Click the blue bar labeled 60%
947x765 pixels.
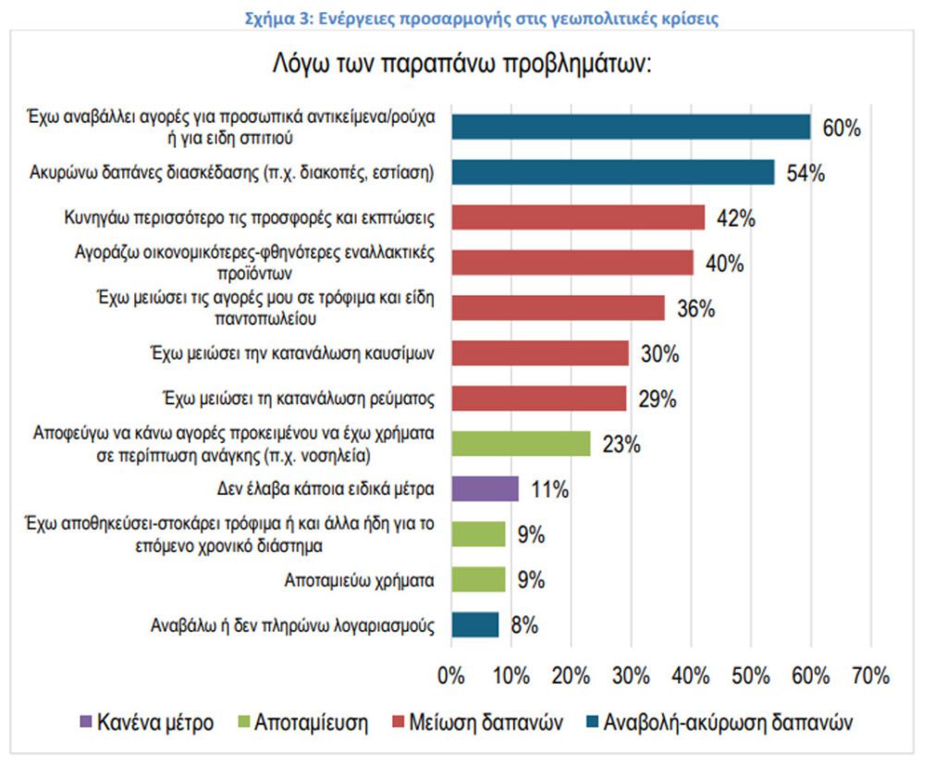631,128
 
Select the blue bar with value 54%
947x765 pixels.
612,173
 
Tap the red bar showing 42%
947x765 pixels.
578,217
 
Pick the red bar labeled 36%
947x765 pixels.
558,307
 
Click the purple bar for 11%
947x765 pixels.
485,488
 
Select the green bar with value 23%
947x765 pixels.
521,443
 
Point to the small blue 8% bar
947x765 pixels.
475,624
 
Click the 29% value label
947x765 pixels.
658,399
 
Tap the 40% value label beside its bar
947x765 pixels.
724,264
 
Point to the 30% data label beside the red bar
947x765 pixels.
659,353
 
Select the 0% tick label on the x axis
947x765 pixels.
450,676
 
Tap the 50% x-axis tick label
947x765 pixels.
750,676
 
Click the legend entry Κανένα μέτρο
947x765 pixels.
154,722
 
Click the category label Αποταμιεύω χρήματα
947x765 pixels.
362,580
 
